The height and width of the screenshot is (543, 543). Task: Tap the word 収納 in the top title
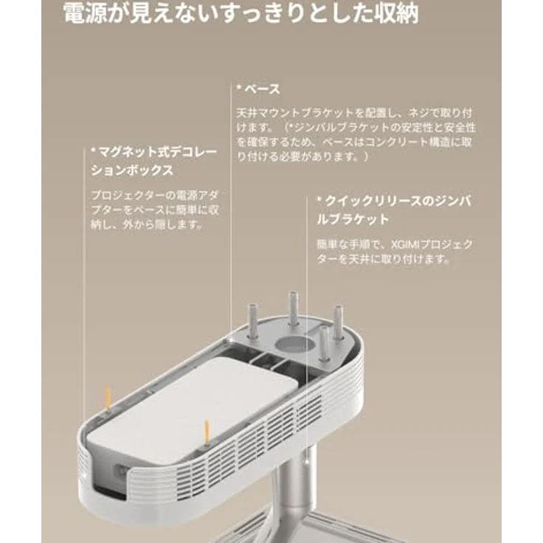(398, 14)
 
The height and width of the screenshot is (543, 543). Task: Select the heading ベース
(263, 89)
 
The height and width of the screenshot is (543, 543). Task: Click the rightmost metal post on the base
(338, 322)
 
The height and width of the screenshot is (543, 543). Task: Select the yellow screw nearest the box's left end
(108, 399)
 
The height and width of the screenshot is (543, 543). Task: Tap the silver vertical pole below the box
(298, 485)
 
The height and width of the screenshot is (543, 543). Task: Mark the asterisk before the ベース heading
(239, 87)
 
